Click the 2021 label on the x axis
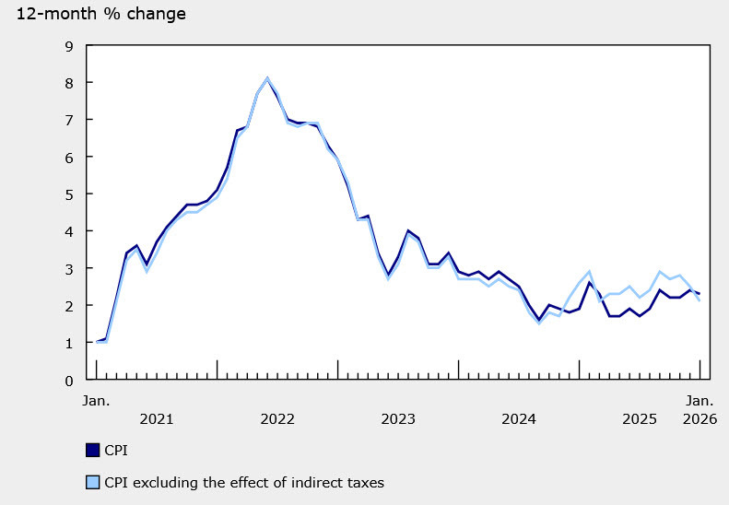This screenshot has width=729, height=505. pyautogui.click(x=157, y=419)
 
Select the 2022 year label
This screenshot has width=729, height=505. pyautogui.click(x=277, y=419)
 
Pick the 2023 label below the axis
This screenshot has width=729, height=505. pyautogui.click(x=398, y=419)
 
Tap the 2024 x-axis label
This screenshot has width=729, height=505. pyautogui.click(x=519, y=419)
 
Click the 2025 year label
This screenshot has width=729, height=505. pyautogui.click(x=640, y=419)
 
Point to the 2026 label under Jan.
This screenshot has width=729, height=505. pyautogui.click(x=697, y=419)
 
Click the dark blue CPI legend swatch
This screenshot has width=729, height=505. pyautogui.click(x=92, y=450)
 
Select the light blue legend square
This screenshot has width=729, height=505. pyautogui.click(x=92, y=481)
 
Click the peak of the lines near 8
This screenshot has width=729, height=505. pyautogui.click(x=267, y=78)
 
